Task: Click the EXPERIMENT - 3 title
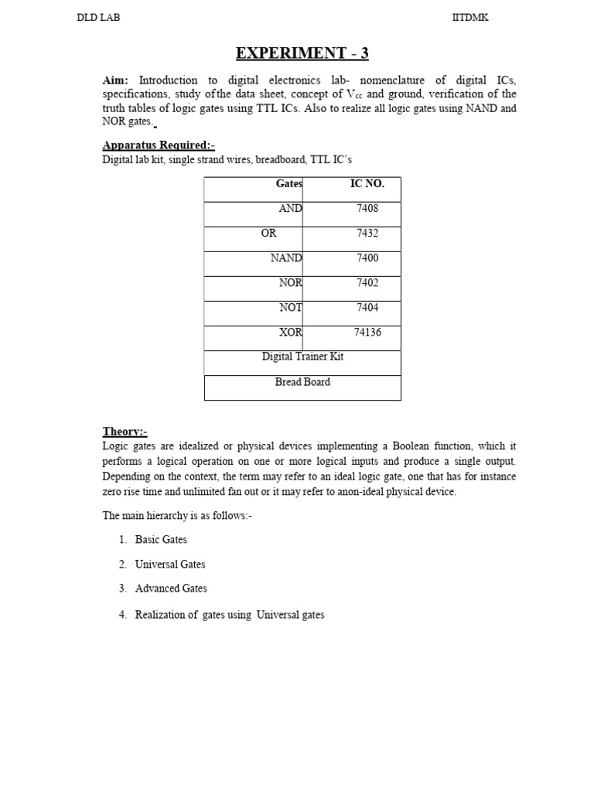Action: tap(302, 53)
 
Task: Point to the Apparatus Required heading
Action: tap(159, 145)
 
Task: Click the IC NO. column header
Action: tap(367, 184)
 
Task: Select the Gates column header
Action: tap(289, 184)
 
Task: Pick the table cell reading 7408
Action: tap(367, 209)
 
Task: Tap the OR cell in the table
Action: tap(268, 234)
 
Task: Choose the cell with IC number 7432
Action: tap(367, 234)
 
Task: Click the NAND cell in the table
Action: tap(286, 258)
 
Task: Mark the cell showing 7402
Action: tap(367, 283)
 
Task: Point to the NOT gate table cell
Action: tap(291, 308)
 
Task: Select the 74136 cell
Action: tap(367, 333)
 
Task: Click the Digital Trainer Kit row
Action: tap(302, 357)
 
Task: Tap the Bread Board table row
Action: tap(302, 382)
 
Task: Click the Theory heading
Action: tap(125, 432)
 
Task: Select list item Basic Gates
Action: tap(161, 540)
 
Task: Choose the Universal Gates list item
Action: tap(170, 565)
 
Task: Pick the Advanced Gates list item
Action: tap(171, 589)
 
